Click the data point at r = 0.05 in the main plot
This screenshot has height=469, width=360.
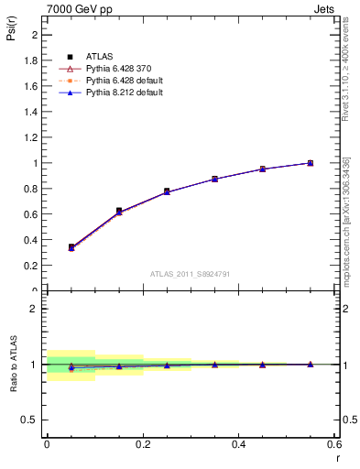(71, 247)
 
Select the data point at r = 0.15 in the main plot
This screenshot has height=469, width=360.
(119, 211)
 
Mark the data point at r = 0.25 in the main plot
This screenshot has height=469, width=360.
(167, 191)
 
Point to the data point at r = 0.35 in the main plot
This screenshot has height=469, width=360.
(214, 179)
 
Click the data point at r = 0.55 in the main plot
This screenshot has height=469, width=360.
(310, 163)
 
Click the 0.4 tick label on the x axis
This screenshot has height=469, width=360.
(238, 444)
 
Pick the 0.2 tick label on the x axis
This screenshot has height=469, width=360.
(143, 444)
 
